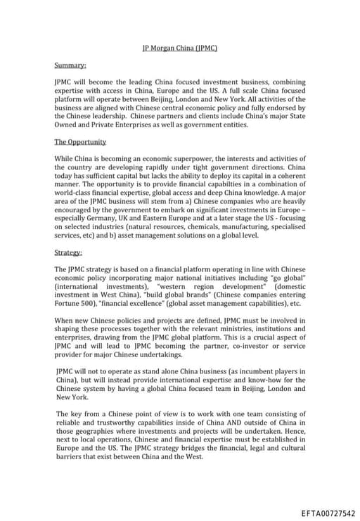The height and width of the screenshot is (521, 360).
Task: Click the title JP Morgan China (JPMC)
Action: point(180,49)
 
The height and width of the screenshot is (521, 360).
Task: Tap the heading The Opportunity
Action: point(80,141)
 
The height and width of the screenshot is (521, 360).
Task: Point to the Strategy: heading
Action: point(68,252)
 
